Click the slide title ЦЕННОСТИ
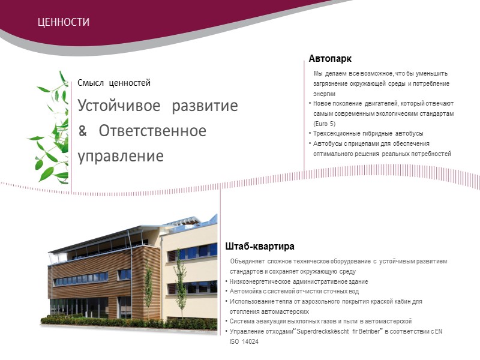pos(63,22)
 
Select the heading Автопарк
pos(329,59)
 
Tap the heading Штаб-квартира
pos(260,247)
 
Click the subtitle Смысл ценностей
pos(113,83)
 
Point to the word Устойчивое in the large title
pos(119,106)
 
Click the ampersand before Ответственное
pos(83,131)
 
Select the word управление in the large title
pos(120,156)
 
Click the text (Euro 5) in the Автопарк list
pos(325,124)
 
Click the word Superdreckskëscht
pos(309,331)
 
